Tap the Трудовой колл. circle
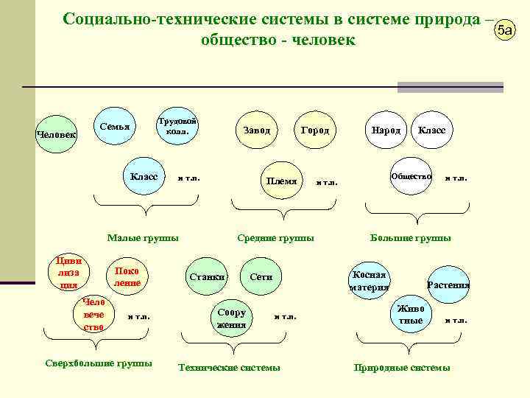tap(177, 126)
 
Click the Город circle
tap(315, 130)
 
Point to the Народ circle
tap(386, 130)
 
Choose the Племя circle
tap(282, 181)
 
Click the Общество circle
tap(411, 177)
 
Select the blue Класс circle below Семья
tap(144, 177)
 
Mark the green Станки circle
tap(207, 277)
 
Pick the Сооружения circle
tap(232, 318)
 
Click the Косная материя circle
tap(369, 281)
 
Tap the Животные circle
tap(411, 315)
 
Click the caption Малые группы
tap(143, 238)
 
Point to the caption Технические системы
tap(230, 367)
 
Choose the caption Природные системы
tap(402, 367)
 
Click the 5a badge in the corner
tap(505, 31)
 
